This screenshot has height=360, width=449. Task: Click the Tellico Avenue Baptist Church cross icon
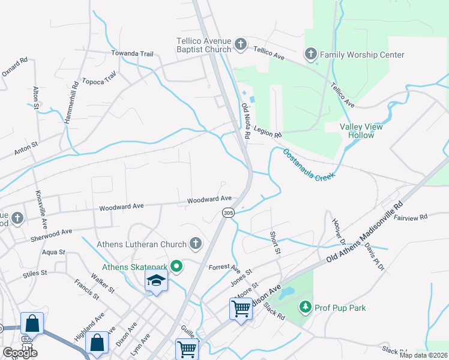(x=240, y=43)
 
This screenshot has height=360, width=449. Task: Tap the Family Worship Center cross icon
(x=311, y=55)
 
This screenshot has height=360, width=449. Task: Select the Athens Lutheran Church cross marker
(x=195, y=244)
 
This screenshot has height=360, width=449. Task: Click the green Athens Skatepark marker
(x=176, y=266)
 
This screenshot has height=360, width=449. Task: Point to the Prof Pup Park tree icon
(x=306, y=308)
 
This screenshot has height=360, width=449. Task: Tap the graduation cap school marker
(x=156, y=281)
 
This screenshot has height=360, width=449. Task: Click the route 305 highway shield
(x=228, y=212)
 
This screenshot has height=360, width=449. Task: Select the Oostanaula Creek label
(x=307, y=163)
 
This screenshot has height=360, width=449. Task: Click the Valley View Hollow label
(x=361, y=131)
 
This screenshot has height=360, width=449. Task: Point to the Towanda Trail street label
(x=132, y=53)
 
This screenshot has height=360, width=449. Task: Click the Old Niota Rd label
(x=246, y=121)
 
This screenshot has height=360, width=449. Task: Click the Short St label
(x=275, y=242)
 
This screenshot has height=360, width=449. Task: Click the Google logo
(x=20, y=352)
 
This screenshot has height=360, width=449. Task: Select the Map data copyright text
(x=423, y=355)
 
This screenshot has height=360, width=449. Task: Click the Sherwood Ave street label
(x=52, y=232)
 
